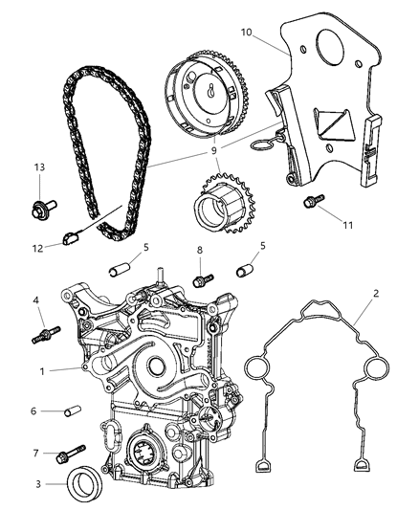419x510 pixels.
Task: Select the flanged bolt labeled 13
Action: click(x=47, y=203)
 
